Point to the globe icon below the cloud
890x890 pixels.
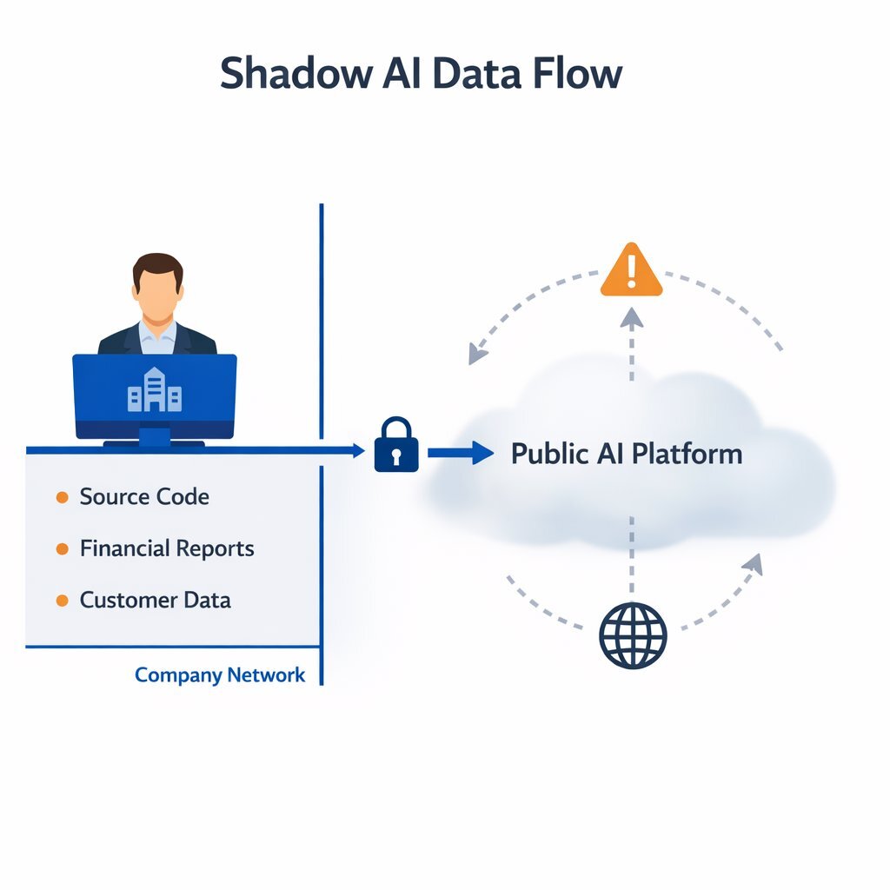633,635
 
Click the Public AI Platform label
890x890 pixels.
627,454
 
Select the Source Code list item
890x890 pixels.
144,497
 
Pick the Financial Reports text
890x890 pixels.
167,548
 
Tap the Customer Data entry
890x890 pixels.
155,600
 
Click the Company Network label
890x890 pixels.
220,675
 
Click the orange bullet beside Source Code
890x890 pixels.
62,497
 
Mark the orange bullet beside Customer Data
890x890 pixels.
62,601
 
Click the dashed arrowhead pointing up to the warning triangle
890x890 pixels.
632,318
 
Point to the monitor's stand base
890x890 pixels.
155,444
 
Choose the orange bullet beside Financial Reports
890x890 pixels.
62,549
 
